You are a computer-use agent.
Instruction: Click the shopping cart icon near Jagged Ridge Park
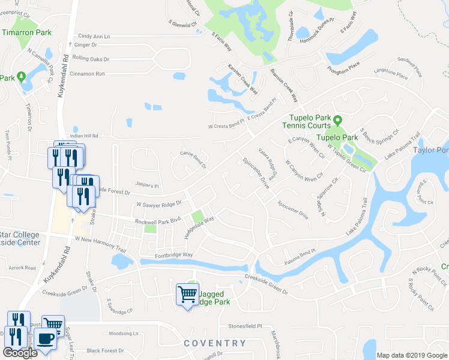click(x=187, y=293)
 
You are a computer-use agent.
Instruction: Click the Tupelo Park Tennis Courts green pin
click(x=337, y=121)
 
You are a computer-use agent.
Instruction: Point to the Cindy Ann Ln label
click(x=94, y=37)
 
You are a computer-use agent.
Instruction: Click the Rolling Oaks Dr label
click(x=91, y=59)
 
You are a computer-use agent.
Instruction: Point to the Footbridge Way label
click(x=171, y=255)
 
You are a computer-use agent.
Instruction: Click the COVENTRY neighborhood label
click(x=215, y=343)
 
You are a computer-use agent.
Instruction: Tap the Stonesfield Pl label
click(x=246, y=326)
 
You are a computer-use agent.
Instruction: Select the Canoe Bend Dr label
click(x=193, y=158)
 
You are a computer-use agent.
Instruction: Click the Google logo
click(x=19, y=352)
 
